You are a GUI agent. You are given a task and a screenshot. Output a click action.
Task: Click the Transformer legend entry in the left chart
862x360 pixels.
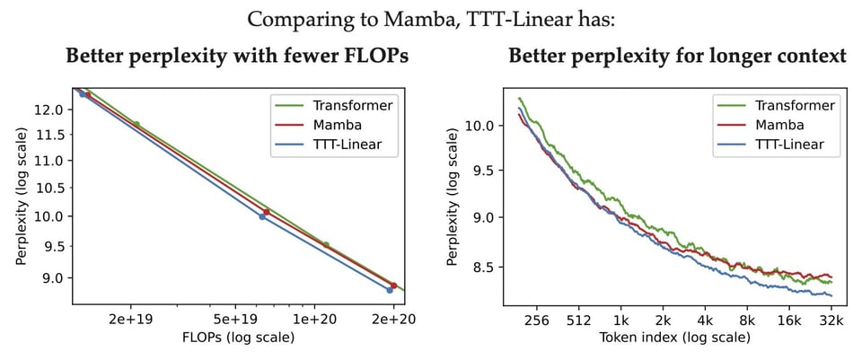348,104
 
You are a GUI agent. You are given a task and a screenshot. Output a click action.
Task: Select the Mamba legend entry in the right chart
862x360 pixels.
778,125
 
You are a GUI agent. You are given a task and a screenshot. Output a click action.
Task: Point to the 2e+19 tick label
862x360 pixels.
131,320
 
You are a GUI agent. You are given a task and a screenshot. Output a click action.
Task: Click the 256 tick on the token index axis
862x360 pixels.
536,320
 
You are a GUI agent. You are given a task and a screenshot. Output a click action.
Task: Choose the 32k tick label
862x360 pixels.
831,320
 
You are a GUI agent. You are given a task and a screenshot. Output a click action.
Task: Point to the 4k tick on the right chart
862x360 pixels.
705,320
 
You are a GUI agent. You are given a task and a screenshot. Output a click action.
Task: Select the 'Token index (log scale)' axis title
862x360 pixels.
674,338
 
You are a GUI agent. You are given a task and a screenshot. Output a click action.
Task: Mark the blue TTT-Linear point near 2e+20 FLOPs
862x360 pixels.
390,290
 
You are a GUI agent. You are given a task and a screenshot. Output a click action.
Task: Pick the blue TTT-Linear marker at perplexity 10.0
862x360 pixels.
262,216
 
